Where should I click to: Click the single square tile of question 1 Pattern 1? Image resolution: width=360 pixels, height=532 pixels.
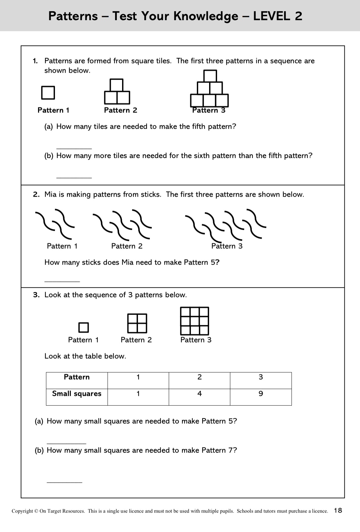coord(48,93)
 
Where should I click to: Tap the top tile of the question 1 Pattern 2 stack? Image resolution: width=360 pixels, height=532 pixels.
coord(116,85)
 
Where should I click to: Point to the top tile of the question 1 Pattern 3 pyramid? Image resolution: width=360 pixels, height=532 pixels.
coord(210,76)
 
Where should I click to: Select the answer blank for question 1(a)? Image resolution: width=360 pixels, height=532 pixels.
coord(74,148)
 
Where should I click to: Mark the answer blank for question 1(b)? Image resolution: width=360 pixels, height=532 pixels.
coord(74,177)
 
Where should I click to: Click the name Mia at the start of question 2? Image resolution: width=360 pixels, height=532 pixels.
coord(51,194)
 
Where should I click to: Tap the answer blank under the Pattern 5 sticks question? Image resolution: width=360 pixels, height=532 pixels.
coord(62,281)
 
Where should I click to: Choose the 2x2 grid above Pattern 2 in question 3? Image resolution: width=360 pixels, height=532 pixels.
coord(137,323)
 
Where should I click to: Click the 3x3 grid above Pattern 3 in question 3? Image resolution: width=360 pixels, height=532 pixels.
coord(195,321)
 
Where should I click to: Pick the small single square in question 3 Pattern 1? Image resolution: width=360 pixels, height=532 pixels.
coord(83,327)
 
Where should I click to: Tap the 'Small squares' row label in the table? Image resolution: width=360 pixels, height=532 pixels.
coord(77,394)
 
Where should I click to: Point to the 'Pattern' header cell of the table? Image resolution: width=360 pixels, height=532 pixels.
coord(77,377)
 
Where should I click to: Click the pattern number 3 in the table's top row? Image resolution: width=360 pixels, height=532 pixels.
coord(261,377)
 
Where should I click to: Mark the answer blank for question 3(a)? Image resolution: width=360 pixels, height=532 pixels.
coord(66,443)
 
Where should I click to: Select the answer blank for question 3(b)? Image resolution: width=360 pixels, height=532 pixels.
coord(64,482)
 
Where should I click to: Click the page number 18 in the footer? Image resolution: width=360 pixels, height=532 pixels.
coord(338,510)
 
